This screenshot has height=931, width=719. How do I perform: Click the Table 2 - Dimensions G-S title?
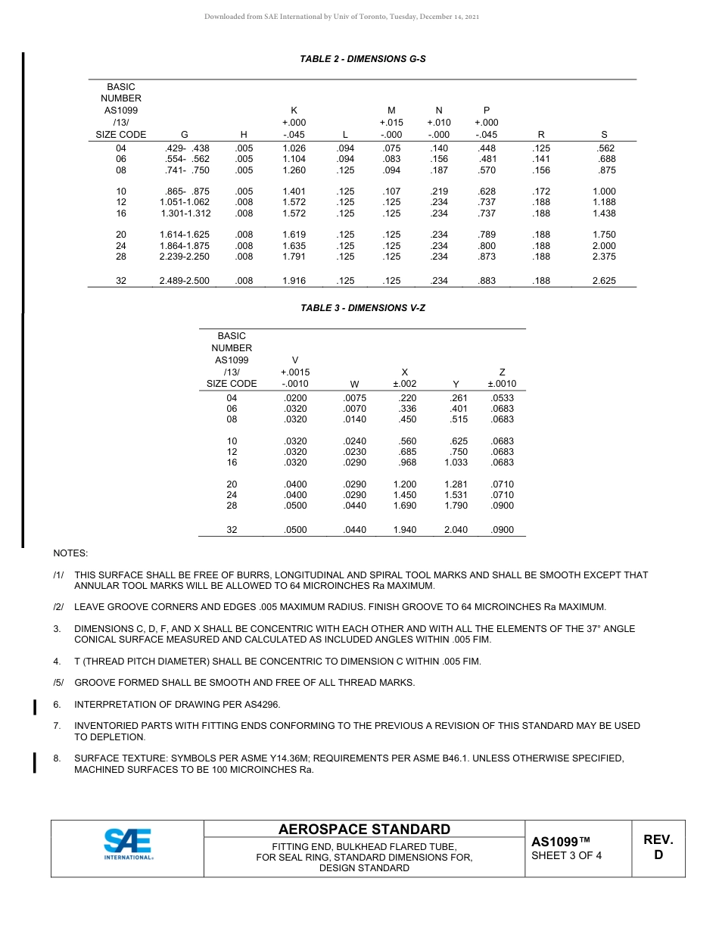363,59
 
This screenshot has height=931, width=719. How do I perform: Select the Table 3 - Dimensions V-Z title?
363,308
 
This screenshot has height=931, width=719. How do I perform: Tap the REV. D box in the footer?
658,848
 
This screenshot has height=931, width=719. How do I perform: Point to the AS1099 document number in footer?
560,842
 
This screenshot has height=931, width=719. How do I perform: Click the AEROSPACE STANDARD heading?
364,830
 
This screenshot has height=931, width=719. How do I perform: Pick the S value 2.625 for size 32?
604,281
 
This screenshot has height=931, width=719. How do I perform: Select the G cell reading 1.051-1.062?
185,202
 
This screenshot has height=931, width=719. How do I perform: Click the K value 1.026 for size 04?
294,148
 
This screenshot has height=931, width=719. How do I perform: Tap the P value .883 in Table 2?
487,281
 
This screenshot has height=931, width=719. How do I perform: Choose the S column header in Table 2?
604,135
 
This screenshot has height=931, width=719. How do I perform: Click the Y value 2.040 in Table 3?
455,530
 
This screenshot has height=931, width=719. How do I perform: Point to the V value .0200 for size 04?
294,398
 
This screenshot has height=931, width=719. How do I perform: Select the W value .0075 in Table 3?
354,398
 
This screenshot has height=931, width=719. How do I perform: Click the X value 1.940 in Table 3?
405,530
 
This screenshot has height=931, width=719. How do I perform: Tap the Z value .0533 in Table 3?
502,398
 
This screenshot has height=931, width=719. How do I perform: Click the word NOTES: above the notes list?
70,553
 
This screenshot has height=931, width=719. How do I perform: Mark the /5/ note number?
58,683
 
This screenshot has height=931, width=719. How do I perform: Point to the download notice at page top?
341,17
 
